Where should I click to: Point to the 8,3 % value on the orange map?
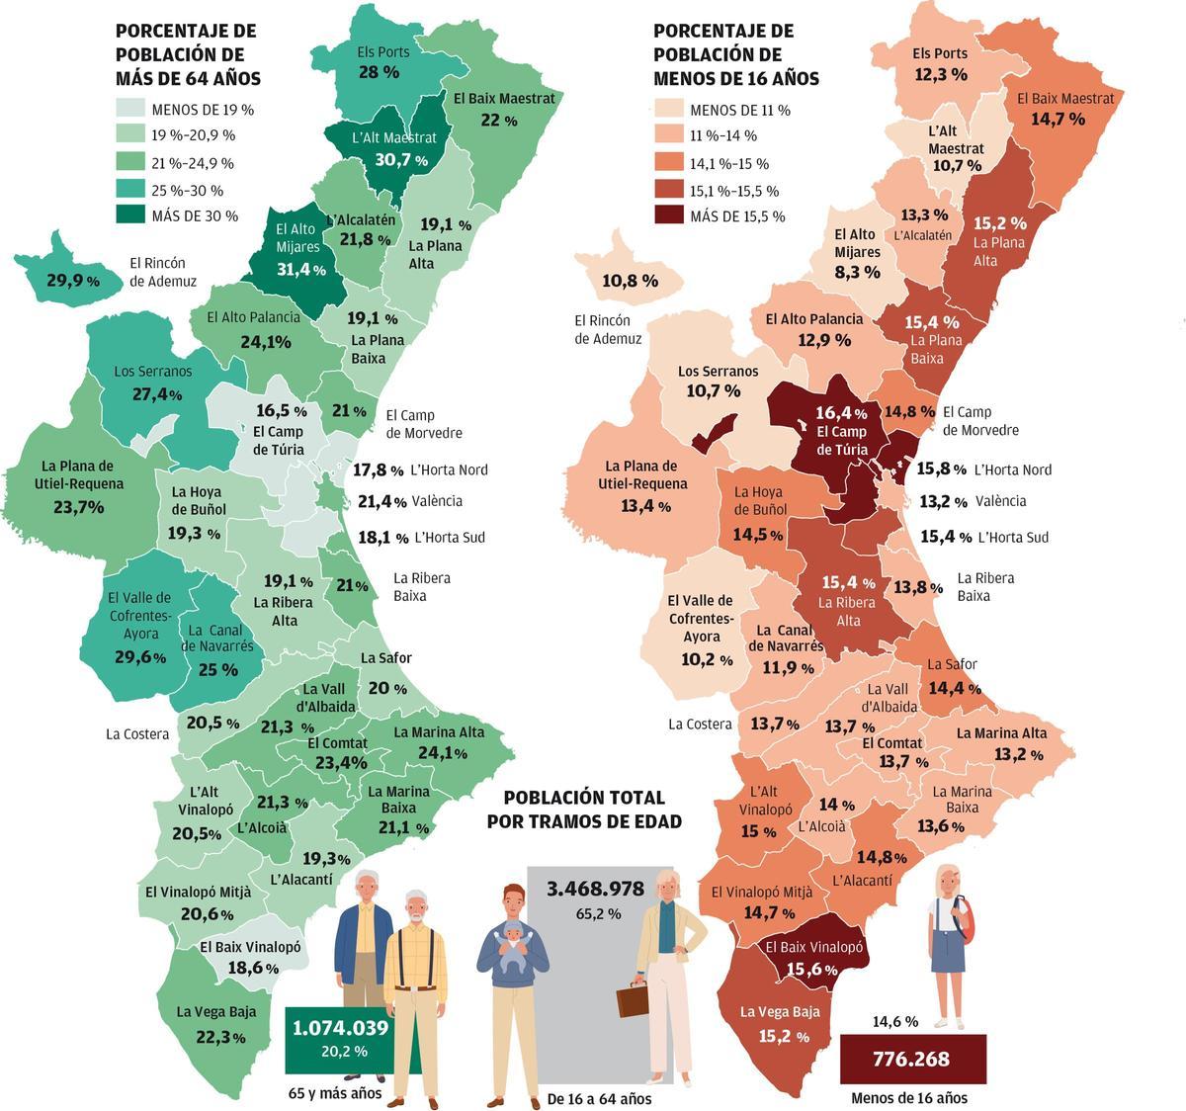tap(856, 272)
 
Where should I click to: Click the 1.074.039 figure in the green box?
tap(340, 1028)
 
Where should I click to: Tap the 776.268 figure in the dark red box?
tap(911, 1060)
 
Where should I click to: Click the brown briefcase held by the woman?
tap(633, 999)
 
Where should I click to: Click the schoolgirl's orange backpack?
tap(969, 924)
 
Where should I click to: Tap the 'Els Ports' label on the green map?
tap(378, 52)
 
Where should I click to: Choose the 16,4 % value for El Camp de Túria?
tap(841, 412)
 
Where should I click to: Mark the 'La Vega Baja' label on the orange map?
tap(780, 1011)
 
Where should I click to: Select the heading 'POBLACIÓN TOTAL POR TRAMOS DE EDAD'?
tap(584, 809)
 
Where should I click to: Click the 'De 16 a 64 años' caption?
tap(599, 1098)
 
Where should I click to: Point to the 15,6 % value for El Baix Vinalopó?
tap(814, 970)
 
